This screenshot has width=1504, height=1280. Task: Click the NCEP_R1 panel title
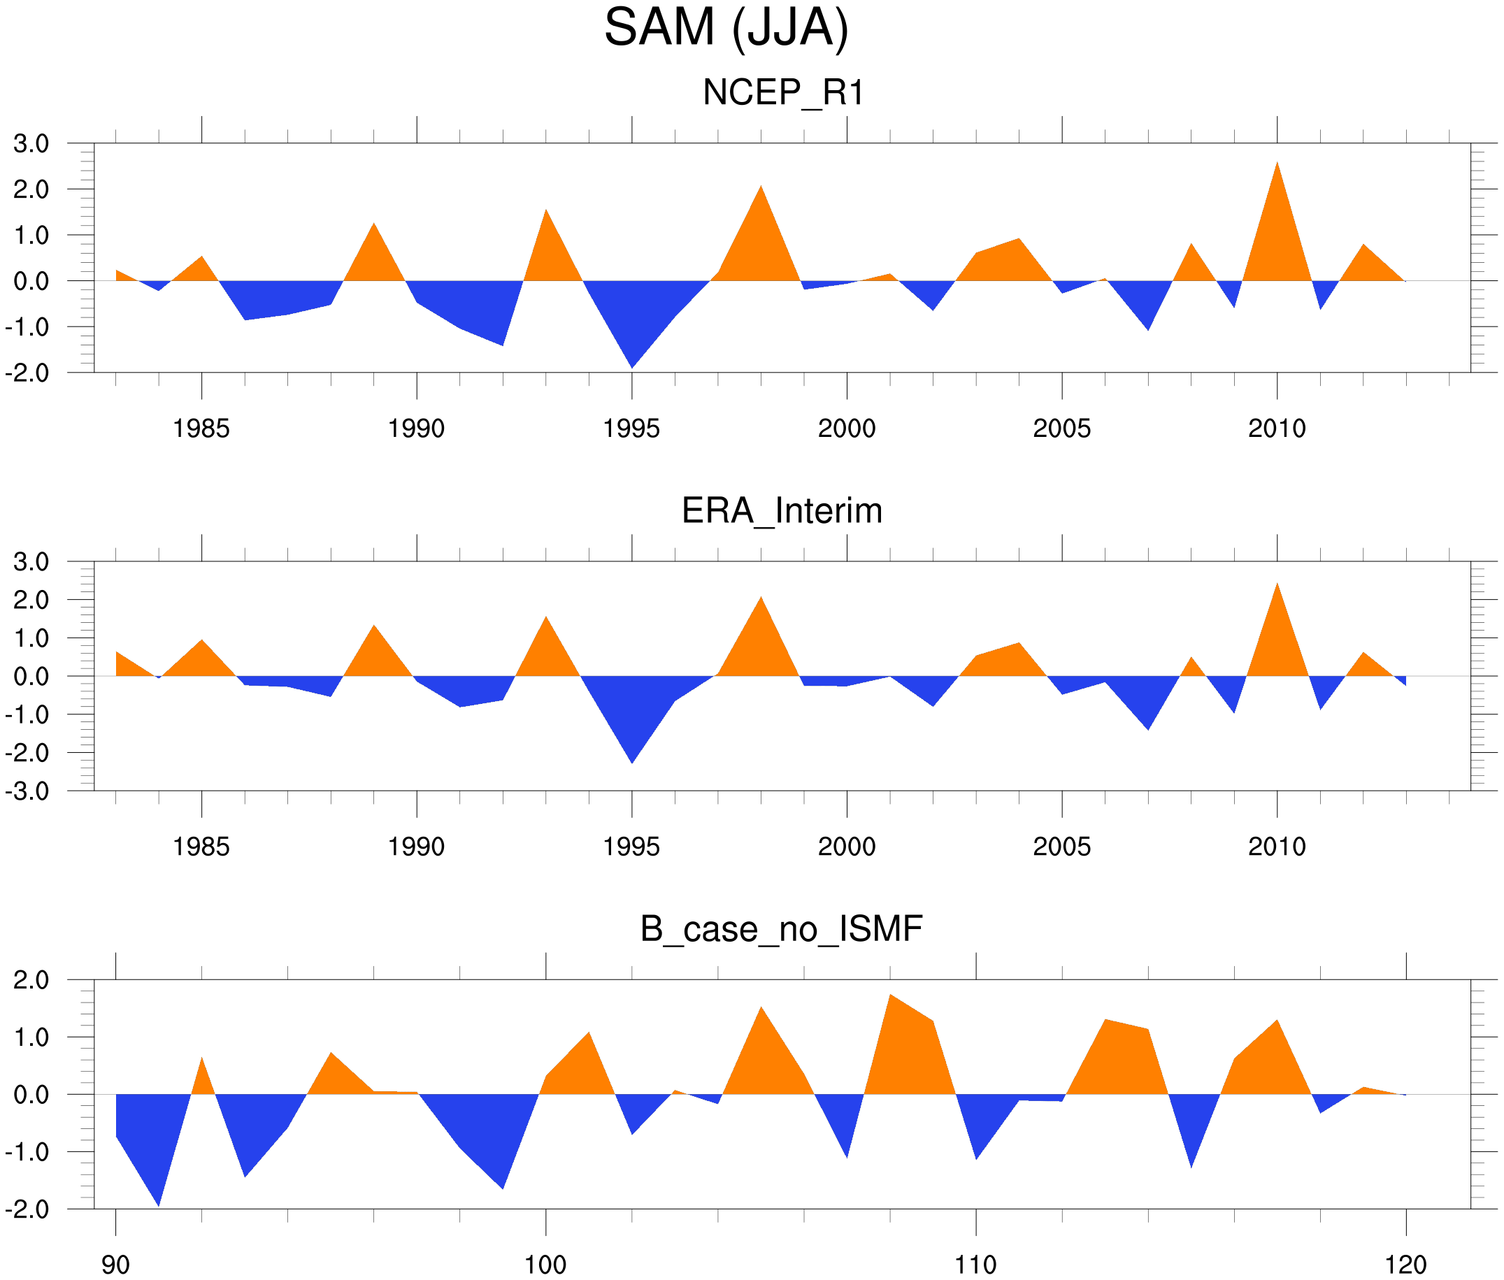click(783, 93)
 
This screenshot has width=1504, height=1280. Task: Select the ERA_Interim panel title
click(782, 511)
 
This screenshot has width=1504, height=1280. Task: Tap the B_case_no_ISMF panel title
click(781, 930)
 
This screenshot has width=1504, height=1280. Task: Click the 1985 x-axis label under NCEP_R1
click(201, 429)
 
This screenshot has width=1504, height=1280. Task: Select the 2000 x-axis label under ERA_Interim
click(846, 847)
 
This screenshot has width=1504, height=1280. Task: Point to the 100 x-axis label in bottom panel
click(545, 1265)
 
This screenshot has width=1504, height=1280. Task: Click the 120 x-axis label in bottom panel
click(1406, 1265)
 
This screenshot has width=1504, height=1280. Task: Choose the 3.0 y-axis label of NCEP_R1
click(31, 144)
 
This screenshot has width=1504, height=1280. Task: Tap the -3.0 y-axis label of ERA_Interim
click(27, 791)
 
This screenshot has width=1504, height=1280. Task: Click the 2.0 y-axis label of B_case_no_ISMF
click(31, 980)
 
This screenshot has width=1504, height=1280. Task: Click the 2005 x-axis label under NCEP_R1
click(1061, 429)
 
